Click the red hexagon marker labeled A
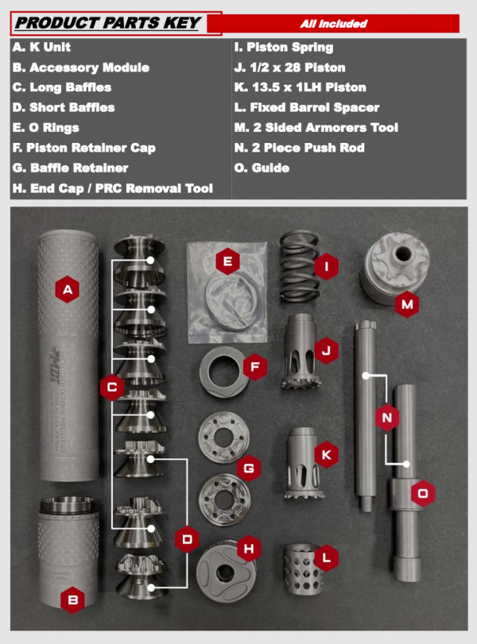point(68,290)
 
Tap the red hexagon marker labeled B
point(73,600)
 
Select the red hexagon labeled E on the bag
point(227,261)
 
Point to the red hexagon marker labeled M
point(407,304)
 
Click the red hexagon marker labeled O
point(423,493)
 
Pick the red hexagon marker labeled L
point(327,557)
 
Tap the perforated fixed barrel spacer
point(303,569)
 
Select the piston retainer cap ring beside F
point(224,372)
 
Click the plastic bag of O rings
point(227,292)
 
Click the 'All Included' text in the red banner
point(333,24)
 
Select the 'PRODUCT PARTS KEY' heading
point(108,23)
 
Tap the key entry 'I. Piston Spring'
point(284,47)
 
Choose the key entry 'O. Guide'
point(262,168)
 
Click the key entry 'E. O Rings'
point(45,128)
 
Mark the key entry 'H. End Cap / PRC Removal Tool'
point(113,188)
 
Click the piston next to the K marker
point(304,463)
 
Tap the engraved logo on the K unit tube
point(55,363)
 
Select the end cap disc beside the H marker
point(226,571)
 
